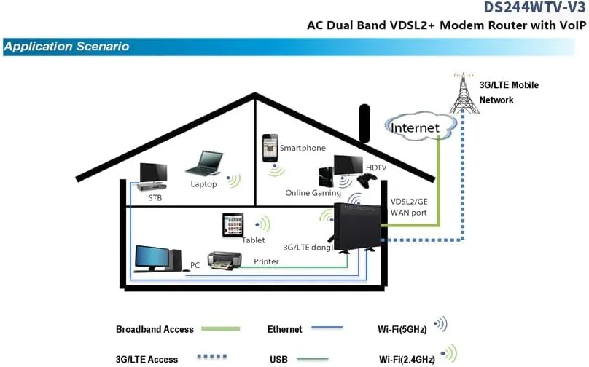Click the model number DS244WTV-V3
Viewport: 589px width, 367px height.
535,8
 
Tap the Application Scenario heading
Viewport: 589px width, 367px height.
66,47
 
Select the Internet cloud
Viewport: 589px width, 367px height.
415,127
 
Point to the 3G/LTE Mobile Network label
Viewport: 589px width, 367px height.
508,92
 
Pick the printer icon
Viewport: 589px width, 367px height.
224,260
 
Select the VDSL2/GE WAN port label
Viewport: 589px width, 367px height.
409,207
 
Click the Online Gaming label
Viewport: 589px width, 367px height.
313,193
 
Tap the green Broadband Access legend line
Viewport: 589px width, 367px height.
219,329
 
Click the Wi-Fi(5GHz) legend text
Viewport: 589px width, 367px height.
402,329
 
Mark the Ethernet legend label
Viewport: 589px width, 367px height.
284,329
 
